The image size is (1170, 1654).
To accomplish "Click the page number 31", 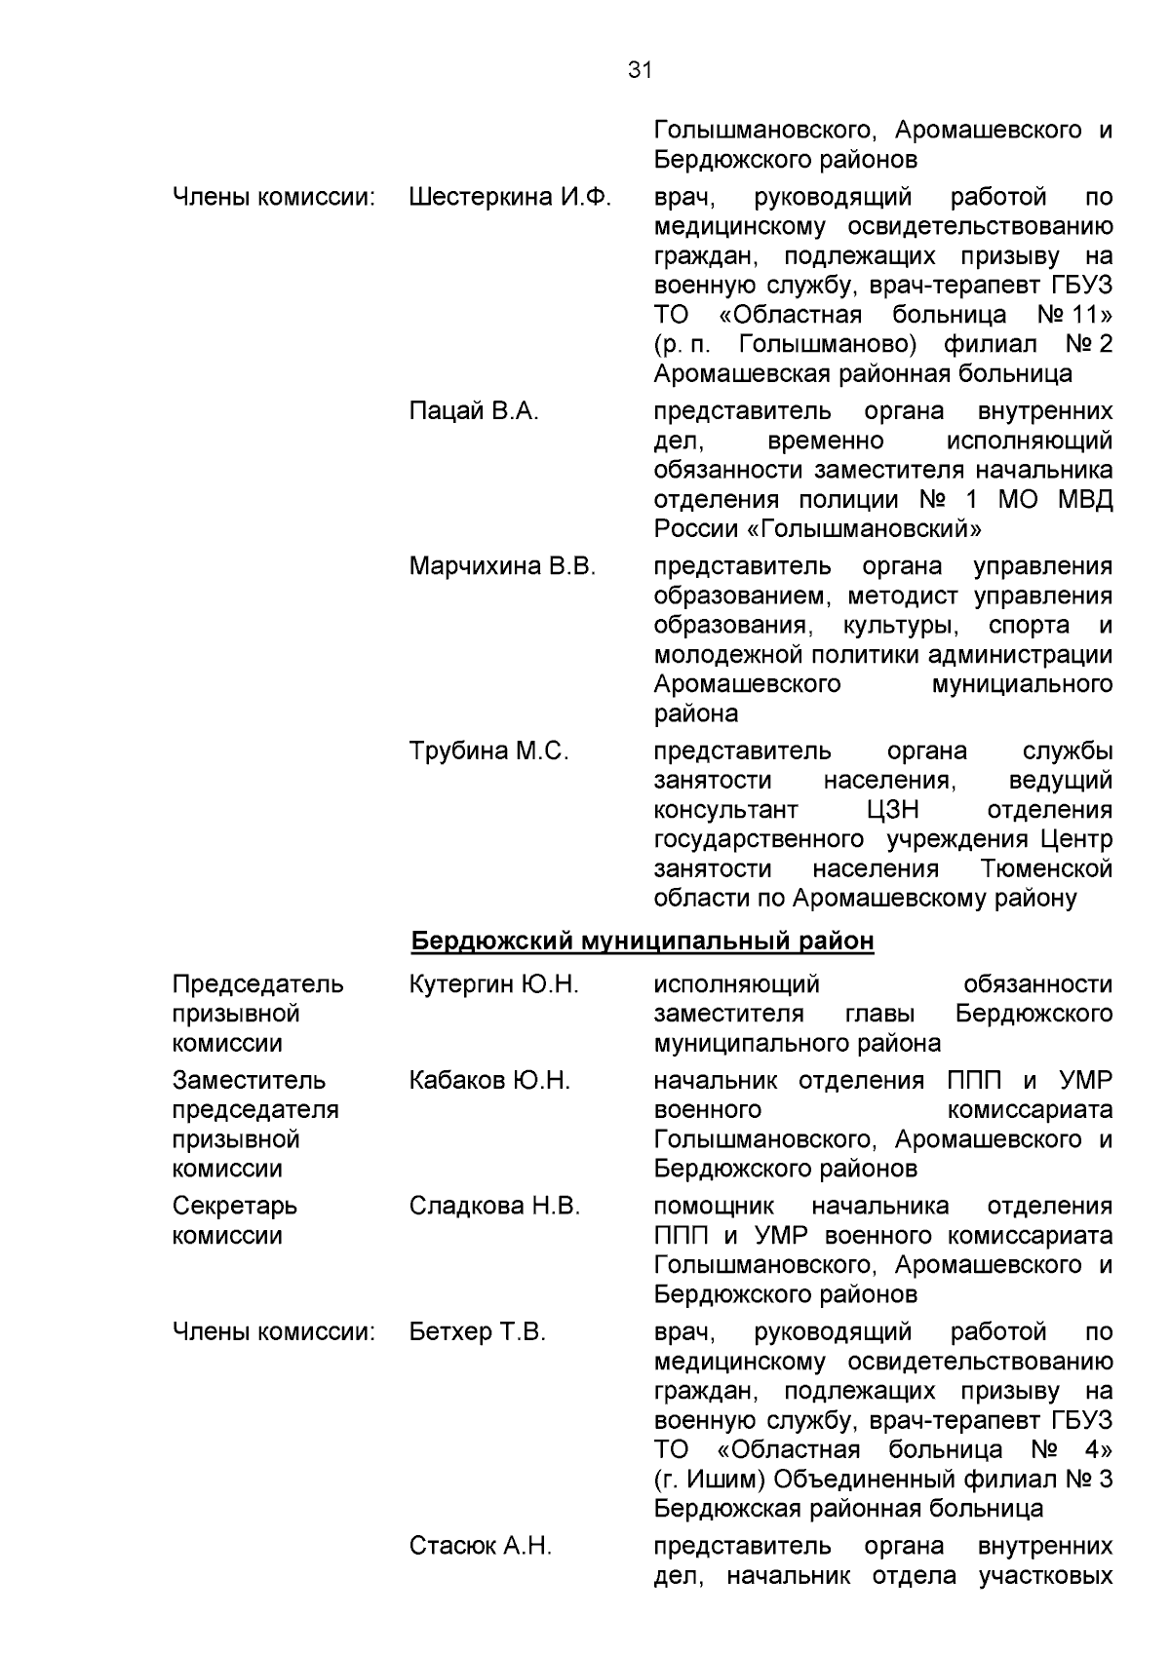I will coord(640,70).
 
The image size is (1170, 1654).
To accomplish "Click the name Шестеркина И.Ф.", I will coord(510,198).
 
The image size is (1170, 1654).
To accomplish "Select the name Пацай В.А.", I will coord(474,411).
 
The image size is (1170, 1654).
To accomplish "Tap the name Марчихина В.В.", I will coord(502,566).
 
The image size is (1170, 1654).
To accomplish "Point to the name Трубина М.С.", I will coord(488,751).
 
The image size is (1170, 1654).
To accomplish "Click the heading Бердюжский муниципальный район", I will coord(642,942).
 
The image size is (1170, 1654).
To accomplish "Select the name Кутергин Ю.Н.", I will coord(493,984).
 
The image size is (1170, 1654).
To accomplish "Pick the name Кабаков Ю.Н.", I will coord(489,1081).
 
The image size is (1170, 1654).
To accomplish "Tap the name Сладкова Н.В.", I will coord(494,1207).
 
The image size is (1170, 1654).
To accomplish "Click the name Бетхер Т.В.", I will coord(477,1332).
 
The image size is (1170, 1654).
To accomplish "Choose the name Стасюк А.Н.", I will coord(480,1546).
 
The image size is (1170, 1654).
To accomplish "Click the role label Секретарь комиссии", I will coord(235,1220).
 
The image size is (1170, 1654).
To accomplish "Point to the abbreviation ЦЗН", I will coord(892,810).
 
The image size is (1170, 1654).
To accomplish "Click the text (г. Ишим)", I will coord(710,1480).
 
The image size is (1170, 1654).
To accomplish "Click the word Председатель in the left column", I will coord(257,984).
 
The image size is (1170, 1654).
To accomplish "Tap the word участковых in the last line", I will coord(1045,1575).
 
